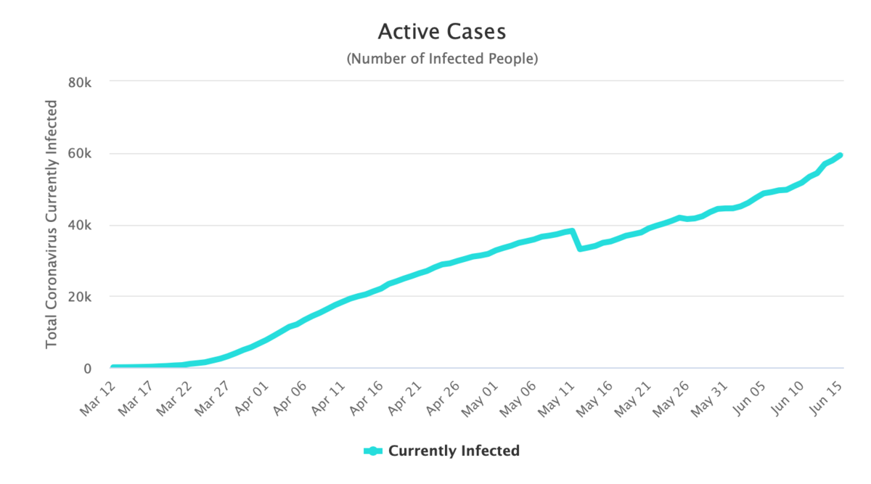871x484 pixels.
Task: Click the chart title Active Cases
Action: [x=441, y=32]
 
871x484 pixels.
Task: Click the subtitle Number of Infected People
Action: [x=441, y=59]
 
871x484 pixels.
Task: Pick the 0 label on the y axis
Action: [x=87, y=369]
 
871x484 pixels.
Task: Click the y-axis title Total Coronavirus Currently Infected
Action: [x=52, y=225]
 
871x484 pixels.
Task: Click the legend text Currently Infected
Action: [x=454, y=451]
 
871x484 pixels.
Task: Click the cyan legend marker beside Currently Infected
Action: [x=373, y=451]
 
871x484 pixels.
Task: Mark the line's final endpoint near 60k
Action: [x=840, y=155]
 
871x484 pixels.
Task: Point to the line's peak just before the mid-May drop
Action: [x=572, y=231]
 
